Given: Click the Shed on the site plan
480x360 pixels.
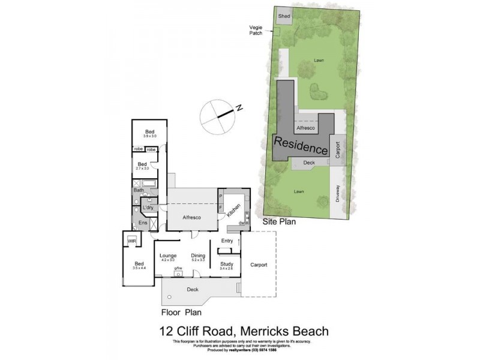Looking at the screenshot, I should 284,17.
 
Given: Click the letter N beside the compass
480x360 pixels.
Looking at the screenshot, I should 238,109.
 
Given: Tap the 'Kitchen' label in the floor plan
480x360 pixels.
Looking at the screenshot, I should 237,211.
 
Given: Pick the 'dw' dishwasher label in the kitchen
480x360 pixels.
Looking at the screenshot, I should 241,223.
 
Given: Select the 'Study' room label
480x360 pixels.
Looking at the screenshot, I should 226,263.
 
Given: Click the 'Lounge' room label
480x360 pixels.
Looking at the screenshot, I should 168,256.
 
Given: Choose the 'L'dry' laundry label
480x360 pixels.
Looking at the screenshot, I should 148,208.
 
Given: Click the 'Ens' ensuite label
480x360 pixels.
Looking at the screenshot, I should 142,223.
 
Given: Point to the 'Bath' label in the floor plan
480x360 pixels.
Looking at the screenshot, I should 139,190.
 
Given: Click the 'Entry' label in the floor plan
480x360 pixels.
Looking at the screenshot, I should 227,241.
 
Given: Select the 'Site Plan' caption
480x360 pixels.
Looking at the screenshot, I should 280,221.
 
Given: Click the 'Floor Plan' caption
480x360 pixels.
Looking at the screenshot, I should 181,312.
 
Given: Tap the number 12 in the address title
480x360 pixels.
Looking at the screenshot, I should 169,331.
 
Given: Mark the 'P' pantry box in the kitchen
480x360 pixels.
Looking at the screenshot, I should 221,196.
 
